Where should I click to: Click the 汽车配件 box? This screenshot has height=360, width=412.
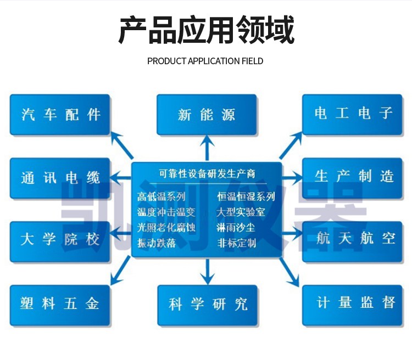pos(60,114)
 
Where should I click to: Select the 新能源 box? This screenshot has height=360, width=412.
pos(207,114)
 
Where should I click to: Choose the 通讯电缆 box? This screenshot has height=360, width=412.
pos(60,178)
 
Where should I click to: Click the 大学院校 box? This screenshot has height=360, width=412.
pos(60,240)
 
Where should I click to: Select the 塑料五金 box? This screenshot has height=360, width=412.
pos(60,303)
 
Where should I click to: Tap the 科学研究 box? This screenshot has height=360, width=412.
pos(207,303)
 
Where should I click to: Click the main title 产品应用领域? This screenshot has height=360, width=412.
pos(206,30)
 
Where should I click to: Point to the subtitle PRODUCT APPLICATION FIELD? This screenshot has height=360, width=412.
pos(205,61)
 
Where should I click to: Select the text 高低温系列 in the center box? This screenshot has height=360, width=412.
pos(163,197)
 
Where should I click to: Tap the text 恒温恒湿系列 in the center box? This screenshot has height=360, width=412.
pos(246,197)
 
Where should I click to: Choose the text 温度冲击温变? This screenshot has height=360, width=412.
pos(166,212)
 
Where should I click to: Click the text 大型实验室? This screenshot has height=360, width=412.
pos(241,212)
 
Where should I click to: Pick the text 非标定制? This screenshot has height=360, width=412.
pos(237,243)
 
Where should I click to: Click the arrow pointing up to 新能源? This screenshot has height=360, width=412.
pos(207,147)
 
